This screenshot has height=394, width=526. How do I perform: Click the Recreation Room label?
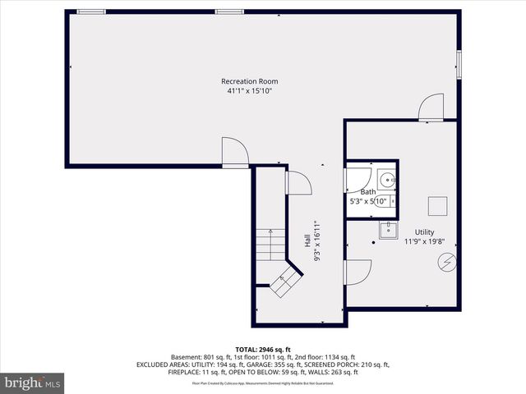click(249, 81)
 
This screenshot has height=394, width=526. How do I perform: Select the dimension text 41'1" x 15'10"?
click(249, 91)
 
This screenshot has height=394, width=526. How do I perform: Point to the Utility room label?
click(424, 231)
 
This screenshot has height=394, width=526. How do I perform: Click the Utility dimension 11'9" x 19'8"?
click(424, 241)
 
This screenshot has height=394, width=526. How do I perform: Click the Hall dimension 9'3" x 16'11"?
click(317, 240)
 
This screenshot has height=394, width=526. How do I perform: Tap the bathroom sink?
click(388, 179)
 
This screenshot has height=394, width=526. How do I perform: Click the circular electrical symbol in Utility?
click(447, 263)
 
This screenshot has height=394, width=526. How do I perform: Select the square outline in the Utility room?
click(437, 205)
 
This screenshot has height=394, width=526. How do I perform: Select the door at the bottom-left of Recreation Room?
click(233, 151)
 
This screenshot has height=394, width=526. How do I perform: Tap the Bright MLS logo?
click(33, 383)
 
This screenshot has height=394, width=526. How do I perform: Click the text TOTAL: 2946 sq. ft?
click(263, 349)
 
